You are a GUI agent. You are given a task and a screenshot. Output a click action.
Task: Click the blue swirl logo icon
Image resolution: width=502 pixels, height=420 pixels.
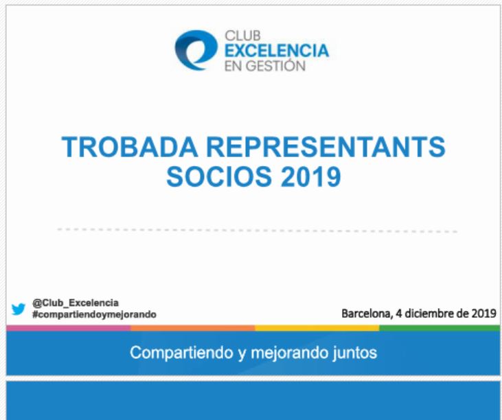pos(196,50)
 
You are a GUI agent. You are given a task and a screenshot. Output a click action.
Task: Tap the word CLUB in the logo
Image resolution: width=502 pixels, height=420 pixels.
pos(242,36)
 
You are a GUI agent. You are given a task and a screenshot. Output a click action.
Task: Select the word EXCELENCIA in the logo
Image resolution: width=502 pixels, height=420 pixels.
pos(277,51)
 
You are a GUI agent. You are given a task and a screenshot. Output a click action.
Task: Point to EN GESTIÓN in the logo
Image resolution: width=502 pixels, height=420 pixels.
pos(265,66)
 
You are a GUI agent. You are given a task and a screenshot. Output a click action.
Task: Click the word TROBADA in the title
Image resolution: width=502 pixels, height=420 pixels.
pos(130,147)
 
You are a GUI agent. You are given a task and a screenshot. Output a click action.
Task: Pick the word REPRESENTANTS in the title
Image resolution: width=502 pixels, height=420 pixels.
pos(326,147)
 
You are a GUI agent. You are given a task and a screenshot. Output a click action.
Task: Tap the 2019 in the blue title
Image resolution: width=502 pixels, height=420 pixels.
pos(310,177)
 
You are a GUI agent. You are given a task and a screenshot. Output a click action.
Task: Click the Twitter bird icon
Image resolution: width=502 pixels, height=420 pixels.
pos(19,309)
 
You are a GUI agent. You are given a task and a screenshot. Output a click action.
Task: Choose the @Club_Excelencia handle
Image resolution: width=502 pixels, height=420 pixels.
pos(76,303)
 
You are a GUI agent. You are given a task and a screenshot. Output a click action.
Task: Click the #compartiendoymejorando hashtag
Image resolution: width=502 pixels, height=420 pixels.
pos(94,314)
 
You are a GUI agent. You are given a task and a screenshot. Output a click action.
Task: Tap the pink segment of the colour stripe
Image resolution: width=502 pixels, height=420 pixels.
pos(69,328)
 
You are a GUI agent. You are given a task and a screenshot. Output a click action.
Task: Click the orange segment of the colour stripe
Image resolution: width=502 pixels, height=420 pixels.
pos(193,328)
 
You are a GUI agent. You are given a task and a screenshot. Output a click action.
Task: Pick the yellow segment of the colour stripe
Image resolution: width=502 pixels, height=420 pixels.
pos(317,328)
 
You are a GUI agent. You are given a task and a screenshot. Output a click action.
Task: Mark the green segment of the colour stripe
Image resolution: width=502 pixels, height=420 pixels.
pos(440,328)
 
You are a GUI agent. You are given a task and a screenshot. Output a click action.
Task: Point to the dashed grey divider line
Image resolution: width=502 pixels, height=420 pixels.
pos(257,231)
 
